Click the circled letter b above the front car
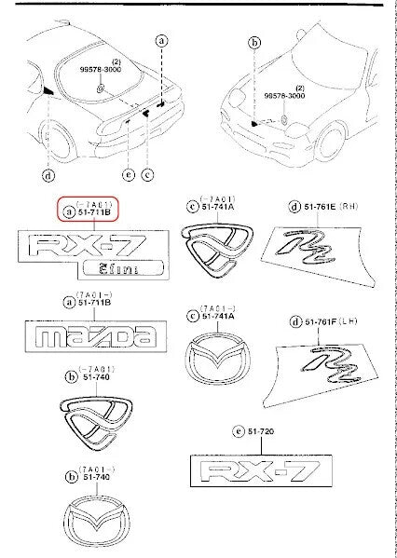(253, 42)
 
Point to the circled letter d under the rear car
(47, 172)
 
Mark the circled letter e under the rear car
(129, 173)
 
